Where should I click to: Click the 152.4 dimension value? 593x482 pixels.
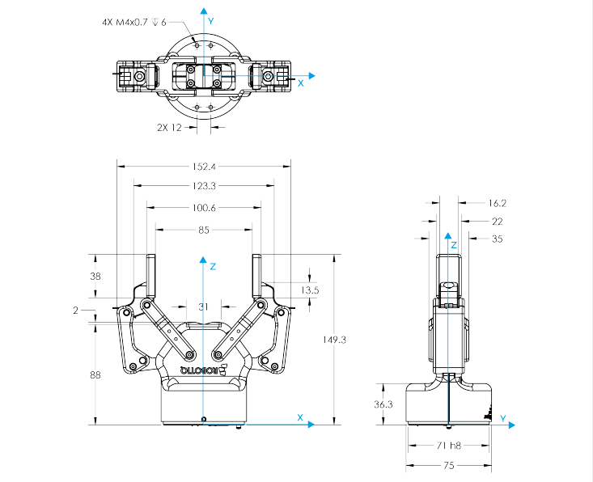point(203,167)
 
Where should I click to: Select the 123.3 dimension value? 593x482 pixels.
point(203,186)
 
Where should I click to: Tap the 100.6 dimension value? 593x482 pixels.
point(203,208)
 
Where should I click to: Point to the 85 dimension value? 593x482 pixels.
point(203,230)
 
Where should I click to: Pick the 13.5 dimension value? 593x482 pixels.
point(309,290)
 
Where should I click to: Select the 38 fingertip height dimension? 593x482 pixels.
point(95,277)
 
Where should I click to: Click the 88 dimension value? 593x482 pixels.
point(95,374)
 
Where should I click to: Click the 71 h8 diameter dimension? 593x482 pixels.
point(448,446)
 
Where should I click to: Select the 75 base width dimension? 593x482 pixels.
point(448,465)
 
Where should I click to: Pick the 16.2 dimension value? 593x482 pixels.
point(497,203)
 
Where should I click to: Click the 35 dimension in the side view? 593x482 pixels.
point(497,239)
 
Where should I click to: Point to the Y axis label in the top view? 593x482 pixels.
point(210,19)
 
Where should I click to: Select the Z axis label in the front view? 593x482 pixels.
point(211,265)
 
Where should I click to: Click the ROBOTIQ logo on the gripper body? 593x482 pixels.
point(205,370)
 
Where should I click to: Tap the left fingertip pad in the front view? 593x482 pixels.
point(150,275)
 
